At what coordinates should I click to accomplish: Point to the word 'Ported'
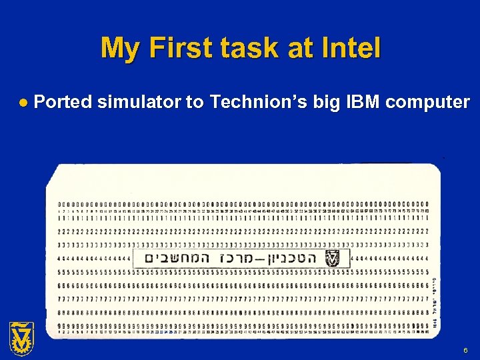coord(63,103)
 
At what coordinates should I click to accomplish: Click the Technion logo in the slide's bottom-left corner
coord(21,338)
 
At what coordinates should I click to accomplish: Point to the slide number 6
coord(465,349)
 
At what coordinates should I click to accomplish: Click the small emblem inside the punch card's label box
coord(332,259)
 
